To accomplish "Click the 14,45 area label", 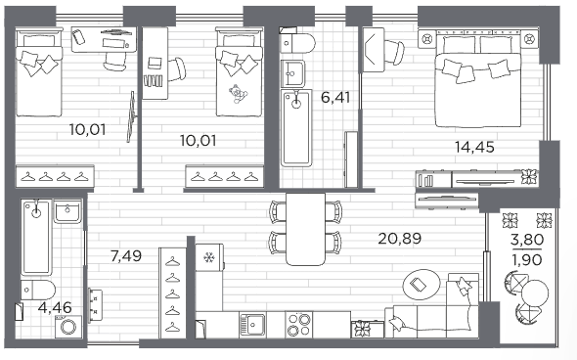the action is coord(474,148).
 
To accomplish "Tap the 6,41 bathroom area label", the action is coord(335,98).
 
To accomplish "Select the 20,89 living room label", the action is coord(400,239).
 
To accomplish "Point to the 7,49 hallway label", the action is coord(126,255).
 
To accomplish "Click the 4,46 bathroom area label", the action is coord(55,308).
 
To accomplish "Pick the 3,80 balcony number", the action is coord(527,240).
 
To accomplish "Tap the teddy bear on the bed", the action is coord(238,93).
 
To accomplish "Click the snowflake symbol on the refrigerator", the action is coord(209,257).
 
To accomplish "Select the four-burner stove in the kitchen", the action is coord(298,325).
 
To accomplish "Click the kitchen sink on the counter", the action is coord(252,325).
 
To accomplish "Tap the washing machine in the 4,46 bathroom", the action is coord(68,327).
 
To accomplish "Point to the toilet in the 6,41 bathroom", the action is coord(297,43).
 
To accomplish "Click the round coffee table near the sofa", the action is coord(422,285).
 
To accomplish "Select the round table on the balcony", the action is coord(535,292).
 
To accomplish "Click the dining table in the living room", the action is coord(306,229).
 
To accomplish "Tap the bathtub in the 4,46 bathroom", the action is coord(35,237).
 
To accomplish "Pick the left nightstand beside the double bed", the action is coord(426,39).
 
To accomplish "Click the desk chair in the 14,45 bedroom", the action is coord(394,52).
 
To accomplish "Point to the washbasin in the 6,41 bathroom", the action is coord(292,73).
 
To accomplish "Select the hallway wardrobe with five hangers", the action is coord(172,292).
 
